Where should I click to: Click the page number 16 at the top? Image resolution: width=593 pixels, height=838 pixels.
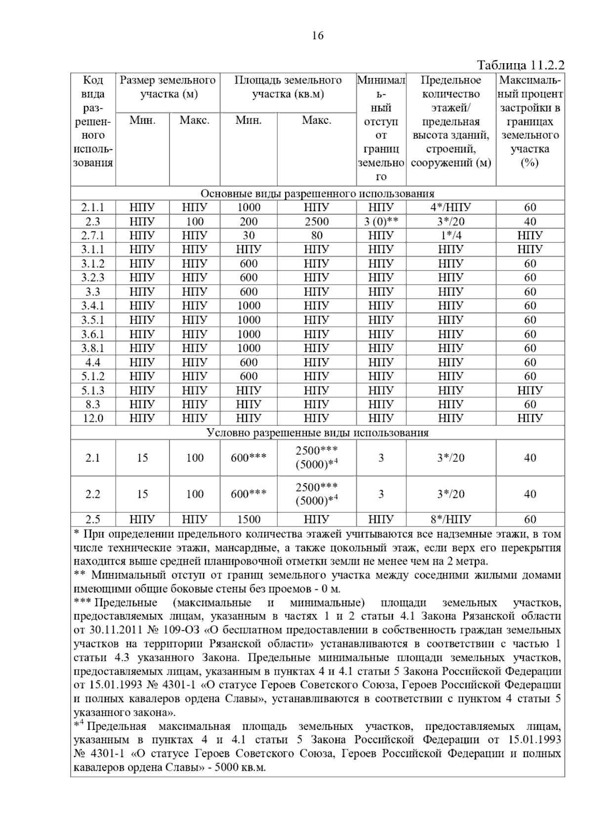click(318, 36)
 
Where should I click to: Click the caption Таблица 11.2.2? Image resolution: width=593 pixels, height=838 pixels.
click(520, 66)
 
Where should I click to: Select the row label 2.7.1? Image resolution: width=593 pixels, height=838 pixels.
click(93, 235)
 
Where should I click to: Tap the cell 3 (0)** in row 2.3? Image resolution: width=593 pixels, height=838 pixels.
click(381, 222)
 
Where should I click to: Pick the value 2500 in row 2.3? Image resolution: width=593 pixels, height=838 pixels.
click(316, 222)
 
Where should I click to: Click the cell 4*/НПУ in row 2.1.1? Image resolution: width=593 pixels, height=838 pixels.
click(451, 207)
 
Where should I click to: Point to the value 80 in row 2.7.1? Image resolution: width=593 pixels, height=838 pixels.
click(316, 235)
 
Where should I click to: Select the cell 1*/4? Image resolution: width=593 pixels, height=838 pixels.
click(451, 235)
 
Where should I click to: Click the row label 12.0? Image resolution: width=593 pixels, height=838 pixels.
click(93, 419)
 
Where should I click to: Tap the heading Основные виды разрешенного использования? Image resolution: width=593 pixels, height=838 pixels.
click(317, 193)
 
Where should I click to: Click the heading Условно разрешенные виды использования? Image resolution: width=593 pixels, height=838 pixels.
click(317, 433)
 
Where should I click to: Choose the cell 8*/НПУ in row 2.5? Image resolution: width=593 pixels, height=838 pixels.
click(451, 519)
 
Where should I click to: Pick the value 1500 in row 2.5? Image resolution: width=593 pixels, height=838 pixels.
click(249, 519)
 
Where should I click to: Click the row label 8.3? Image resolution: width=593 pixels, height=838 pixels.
click(93, 404)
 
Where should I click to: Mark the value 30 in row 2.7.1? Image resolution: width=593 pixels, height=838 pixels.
click(249, 235)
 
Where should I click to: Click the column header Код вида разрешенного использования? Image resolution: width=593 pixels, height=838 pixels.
click(93, 121)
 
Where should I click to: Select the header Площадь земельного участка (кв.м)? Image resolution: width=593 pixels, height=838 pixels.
click(288, 87)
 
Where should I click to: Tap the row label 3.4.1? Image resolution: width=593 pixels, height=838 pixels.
click(93, 306)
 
